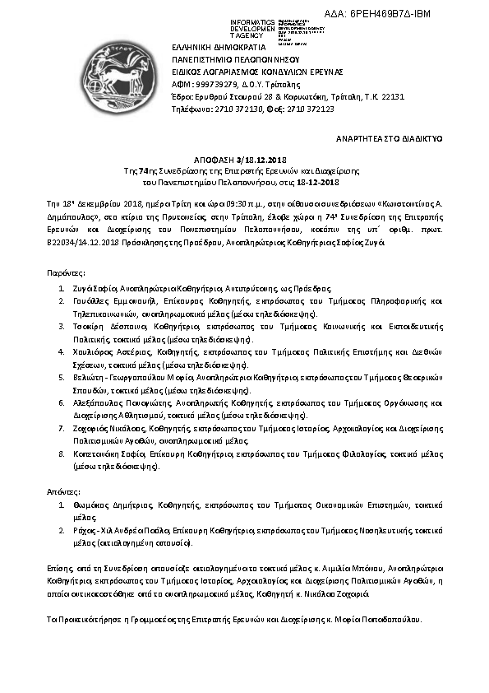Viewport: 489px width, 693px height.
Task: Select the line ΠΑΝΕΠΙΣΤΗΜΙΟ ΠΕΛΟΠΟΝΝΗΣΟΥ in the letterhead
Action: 235,60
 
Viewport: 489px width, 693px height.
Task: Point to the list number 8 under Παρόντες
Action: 61,454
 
